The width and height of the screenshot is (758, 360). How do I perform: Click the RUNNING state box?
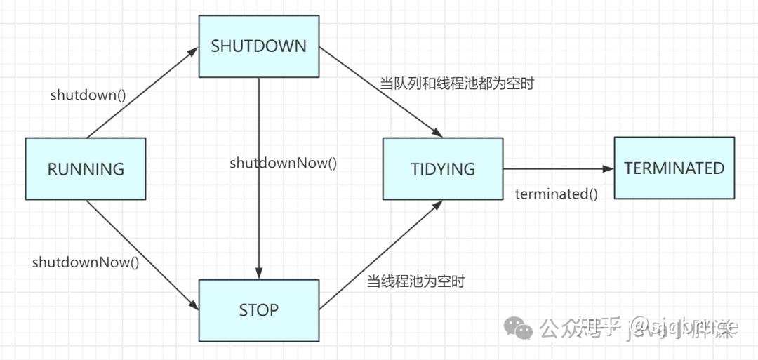pyautogui.click(x=86, y=168)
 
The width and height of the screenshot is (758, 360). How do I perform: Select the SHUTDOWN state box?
pyautogui.click(x=259, y=46)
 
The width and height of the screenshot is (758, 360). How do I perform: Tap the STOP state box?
pyautogui.click(x=259, y=309)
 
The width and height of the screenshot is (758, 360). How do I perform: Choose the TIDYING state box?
pyautogui.click(x=443, y=168)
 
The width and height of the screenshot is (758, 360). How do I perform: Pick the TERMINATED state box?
pyautogui.click(x=674, y=168)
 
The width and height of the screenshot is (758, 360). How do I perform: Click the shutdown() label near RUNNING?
pyautogui.click(x=88, y=95)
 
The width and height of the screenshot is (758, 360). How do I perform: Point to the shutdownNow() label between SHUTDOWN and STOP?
pyautogui.click(x=284, y=163)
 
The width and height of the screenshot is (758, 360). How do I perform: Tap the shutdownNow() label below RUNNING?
pyautogui.click(x=86, y=262)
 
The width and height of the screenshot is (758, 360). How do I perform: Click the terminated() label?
pyautogui.click(x=557, y=194)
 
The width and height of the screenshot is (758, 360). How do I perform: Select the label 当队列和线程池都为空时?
pyautogui.click(x=458, y=84)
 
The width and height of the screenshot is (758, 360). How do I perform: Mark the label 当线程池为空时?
pyautogui.click(x=416, y=282)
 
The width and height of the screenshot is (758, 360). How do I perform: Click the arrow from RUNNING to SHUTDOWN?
pyautogui.click(x=140, y=93)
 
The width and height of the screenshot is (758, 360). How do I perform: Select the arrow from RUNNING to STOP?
pyautogui.click(x=140, y=253)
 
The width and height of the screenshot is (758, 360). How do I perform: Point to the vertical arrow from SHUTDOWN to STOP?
pyautogui.click(x=259, y=211)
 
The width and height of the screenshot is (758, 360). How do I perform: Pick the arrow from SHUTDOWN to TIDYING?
pyautogui.click(x=379, y=91)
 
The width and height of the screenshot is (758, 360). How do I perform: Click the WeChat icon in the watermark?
pyautogui.click(x=520, y=327)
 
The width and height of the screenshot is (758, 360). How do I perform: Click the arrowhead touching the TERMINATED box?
pyautogui.click(x=608, y=168)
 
